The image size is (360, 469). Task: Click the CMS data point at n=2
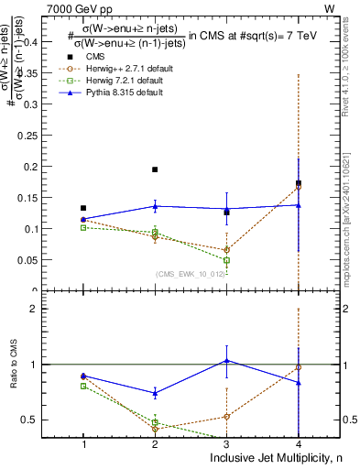coord(155,169)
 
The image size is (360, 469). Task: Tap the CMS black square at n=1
coord(83,208)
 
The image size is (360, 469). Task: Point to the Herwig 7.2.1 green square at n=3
coord(226,260)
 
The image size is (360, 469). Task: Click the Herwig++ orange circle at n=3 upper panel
coord(226,249)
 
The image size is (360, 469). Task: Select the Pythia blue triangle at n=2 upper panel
coord(155,205)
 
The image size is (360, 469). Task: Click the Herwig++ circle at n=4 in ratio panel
coord(298,367)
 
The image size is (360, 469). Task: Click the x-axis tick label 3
coord(226,443)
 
